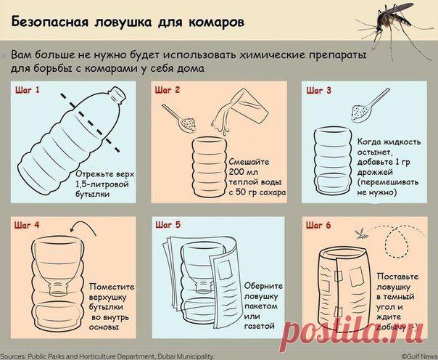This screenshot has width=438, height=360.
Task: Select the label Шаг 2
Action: point(168,91)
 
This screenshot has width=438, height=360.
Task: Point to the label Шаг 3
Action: point(319,91)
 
